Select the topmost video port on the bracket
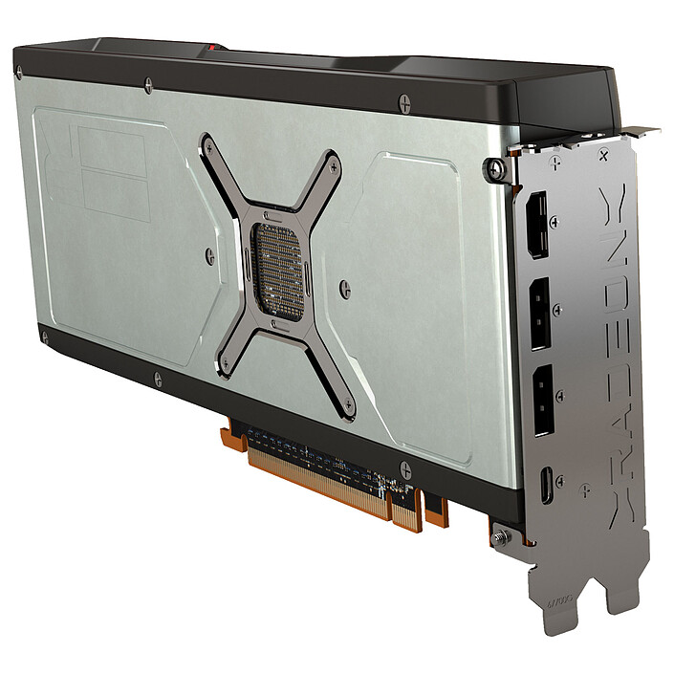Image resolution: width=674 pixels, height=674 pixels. pos(538,226)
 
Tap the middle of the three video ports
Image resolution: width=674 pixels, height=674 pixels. pos(540,313)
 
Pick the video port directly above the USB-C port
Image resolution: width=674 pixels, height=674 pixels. pos(542,401)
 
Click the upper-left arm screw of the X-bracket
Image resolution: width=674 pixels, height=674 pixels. pos(208,145)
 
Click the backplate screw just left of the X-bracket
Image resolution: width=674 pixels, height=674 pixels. pos(209,255)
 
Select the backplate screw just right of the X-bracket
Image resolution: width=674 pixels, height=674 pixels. pos(345,288)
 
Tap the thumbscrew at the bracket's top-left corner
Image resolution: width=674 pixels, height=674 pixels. pos(495,170)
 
